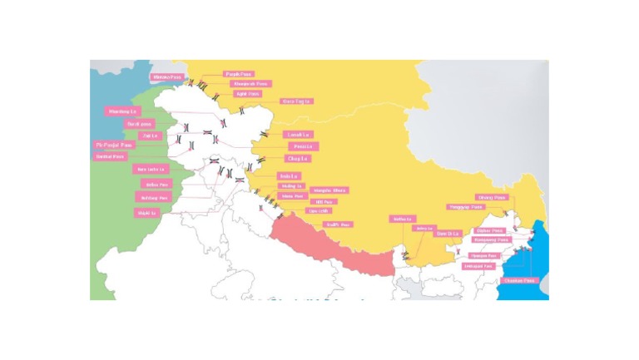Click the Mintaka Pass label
166,77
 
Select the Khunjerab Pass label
250,84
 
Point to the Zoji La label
151,135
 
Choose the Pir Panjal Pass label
114,145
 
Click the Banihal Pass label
111,156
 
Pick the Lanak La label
299,135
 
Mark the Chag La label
297,158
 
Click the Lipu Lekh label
318,211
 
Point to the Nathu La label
403,219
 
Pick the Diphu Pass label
489,230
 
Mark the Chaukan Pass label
519,280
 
